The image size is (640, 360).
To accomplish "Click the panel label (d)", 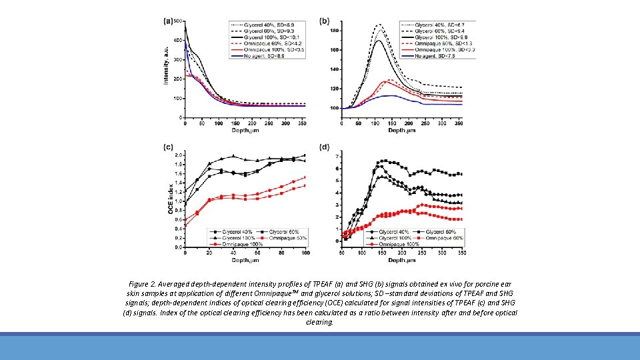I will [x=325, y=147].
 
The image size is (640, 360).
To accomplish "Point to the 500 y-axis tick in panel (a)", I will [x=178, y=21].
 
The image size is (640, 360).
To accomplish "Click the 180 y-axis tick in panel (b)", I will [x=334, y=31].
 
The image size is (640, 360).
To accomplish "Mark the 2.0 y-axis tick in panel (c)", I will [x=178, y=155].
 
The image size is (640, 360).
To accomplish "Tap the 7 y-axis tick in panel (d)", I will [x=337, y=156].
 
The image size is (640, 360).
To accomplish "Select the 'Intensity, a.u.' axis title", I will [x=166, y=65].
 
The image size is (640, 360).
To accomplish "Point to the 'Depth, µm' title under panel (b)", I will [x=401, y=131].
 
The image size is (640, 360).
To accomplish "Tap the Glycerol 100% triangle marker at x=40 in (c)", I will [x=233, y=157].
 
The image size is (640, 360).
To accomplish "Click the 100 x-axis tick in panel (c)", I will [x=305, y=253].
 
